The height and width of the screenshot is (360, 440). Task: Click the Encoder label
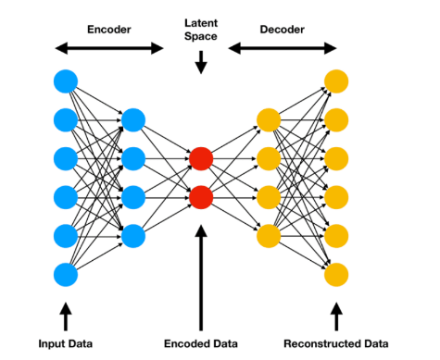[108, 28]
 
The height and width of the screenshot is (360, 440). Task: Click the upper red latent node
[201, 158]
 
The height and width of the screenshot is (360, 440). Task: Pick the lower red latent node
[201, 197]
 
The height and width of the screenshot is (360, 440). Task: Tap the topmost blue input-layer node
[66, 81]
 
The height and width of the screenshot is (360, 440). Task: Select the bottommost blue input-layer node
[66, 274]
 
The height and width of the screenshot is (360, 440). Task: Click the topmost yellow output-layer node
[336, 81]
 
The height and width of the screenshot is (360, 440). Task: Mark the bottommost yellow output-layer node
[336, 274]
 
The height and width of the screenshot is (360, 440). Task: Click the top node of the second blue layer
[133, 119]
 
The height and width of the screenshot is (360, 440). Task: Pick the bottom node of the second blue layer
[133, 235]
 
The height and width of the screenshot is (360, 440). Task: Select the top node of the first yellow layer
[269, 119]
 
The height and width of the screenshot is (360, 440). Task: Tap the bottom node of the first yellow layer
[269, 235]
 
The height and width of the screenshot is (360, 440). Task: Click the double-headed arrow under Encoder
[108, 47]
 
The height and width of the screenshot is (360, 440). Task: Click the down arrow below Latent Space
[201, 62]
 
